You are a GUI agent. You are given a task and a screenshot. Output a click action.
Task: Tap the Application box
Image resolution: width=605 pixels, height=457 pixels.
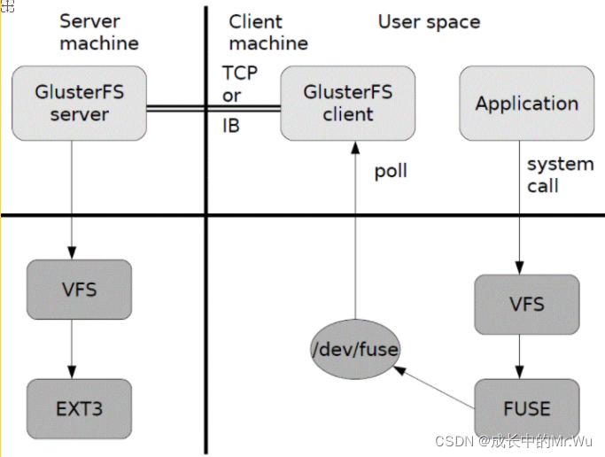pyautogui.click(x=526, y=104)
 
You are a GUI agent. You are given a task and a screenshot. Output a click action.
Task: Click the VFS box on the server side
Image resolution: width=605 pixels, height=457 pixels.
pyautogui.click(x=80, y=290)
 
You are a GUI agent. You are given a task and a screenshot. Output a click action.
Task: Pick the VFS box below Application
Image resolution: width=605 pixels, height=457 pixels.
pyautogui.click(x=526, y=305)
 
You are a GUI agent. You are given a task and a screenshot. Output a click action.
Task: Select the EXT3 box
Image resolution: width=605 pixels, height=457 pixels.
pyautogui.click(x=80, y=409)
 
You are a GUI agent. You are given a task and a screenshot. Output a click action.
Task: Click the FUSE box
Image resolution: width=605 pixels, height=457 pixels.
pyautogui.click(x=526, y=409)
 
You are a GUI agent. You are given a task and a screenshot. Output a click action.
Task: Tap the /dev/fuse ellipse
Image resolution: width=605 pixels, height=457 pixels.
pyautogui.click(x=355, y=350)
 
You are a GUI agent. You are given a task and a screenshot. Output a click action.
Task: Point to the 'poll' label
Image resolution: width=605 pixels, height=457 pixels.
pyautogui.click(x=390, y=171)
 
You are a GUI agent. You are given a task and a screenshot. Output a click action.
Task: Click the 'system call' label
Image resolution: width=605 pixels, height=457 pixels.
pyautogui.click(x=559, y=174)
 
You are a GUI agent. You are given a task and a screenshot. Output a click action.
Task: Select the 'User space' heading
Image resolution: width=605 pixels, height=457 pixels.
pyautogui.click(x=429, y=22)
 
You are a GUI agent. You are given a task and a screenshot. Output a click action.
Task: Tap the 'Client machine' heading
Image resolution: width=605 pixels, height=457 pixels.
pyautogui.click(x=268, y=32)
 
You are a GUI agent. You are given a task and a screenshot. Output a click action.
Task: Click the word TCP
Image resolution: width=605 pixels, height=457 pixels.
pyautogui.click(x=240, y=73)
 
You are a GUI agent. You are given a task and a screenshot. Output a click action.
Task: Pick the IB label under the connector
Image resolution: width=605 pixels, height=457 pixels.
pyautogui.click(x=230, y=126)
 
